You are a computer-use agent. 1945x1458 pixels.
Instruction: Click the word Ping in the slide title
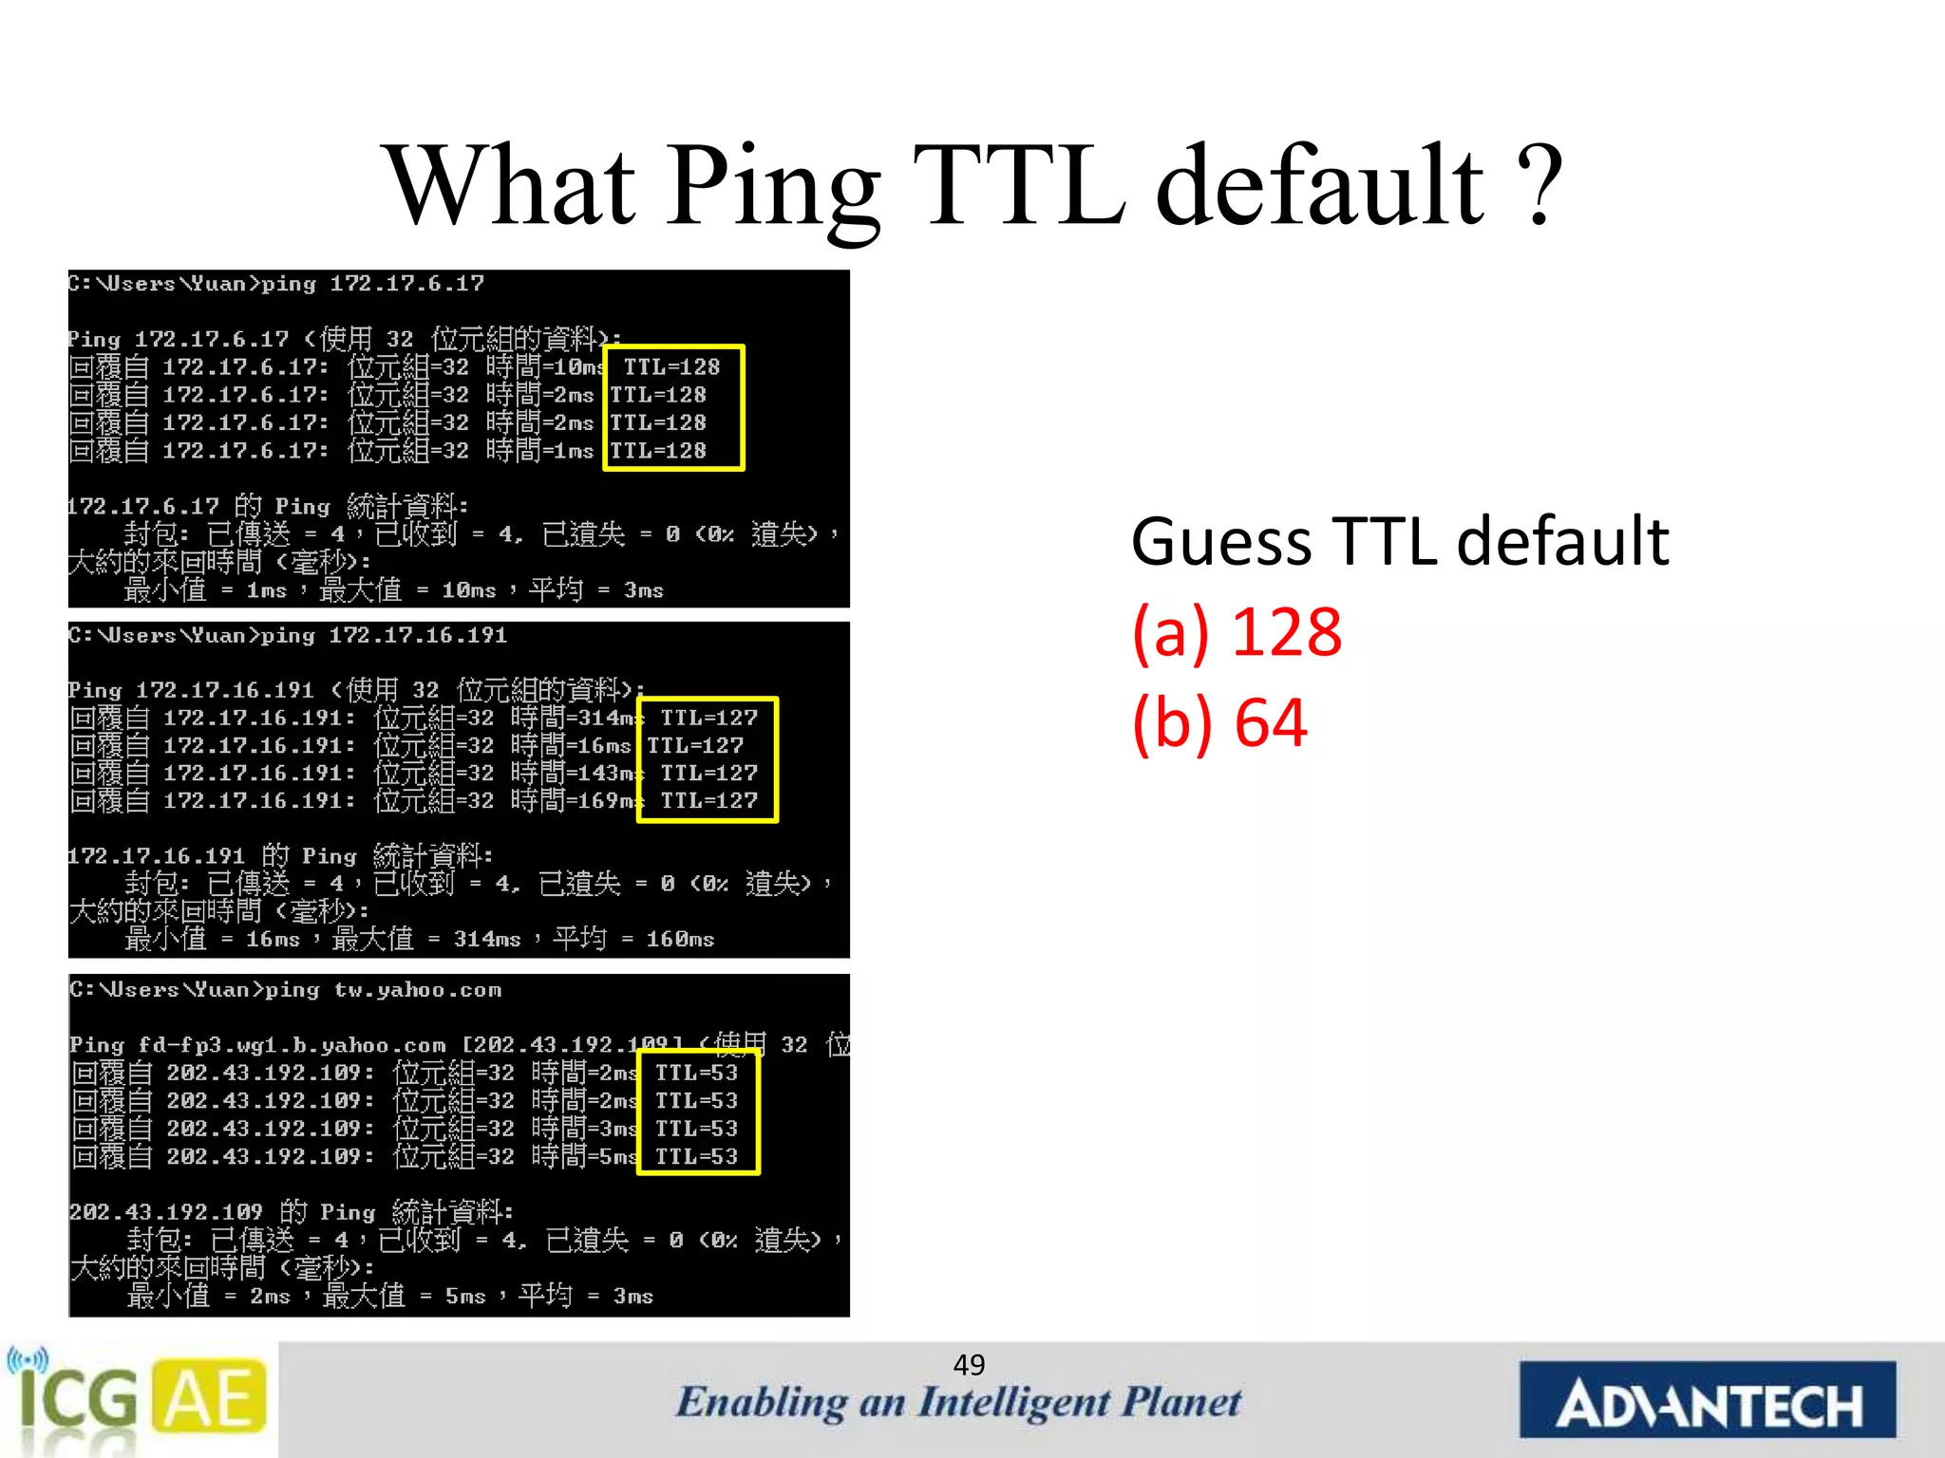pos(774,185)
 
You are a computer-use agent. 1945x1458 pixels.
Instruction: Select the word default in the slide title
pos(1319,185)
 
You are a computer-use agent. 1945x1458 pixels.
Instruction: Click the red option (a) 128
pos(1237,632)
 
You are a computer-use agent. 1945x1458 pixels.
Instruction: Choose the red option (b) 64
pos(1219,723)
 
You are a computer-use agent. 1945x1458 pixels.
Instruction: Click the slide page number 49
pos(969,1365)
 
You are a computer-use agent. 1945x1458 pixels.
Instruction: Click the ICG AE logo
pos(138,1399)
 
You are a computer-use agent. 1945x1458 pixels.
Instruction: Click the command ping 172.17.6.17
pos(372,284)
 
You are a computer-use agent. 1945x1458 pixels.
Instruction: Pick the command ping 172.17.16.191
pos(384,635)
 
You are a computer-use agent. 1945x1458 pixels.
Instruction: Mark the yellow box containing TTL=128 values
pos(673,408)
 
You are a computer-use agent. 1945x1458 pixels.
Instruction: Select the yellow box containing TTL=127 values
pos(708,759)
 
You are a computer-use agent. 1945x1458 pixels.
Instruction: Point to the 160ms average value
pos(680,940)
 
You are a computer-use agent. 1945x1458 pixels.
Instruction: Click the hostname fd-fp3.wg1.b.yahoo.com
pos(292,1046)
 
